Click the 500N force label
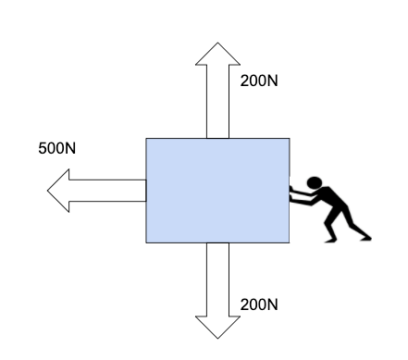[x=57, y=148]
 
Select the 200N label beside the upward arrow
[x=259, y=81]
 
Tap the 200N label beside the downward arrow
[x=259, y=304]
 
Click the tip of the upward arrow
[x=217, y=43]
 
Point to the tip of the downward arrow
[x=217, y=339]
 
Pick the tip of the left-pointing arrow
[x=47, y=191]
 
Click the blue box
[x=217, y=191]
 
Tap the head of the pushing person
[x=315, y=182]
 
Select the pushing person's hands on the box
[x=291, y=194]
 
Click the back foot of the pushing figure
[x=366, y=238]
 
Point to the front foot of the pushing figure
[x=330, y=241]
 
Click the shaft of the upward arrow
[x=217, y=102]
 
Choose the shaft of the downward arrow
[x=217, y=279]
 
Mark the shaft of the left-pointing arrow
[x=107, y=191]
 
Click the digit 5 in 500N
[x=43, y=148]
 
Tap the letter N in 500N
[x=70, y=148]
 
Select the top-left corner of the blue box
[x=146, y=139]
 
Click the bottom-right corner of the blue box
[x=290, y=242]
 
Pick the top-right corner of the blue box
[x=290, y=139]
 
